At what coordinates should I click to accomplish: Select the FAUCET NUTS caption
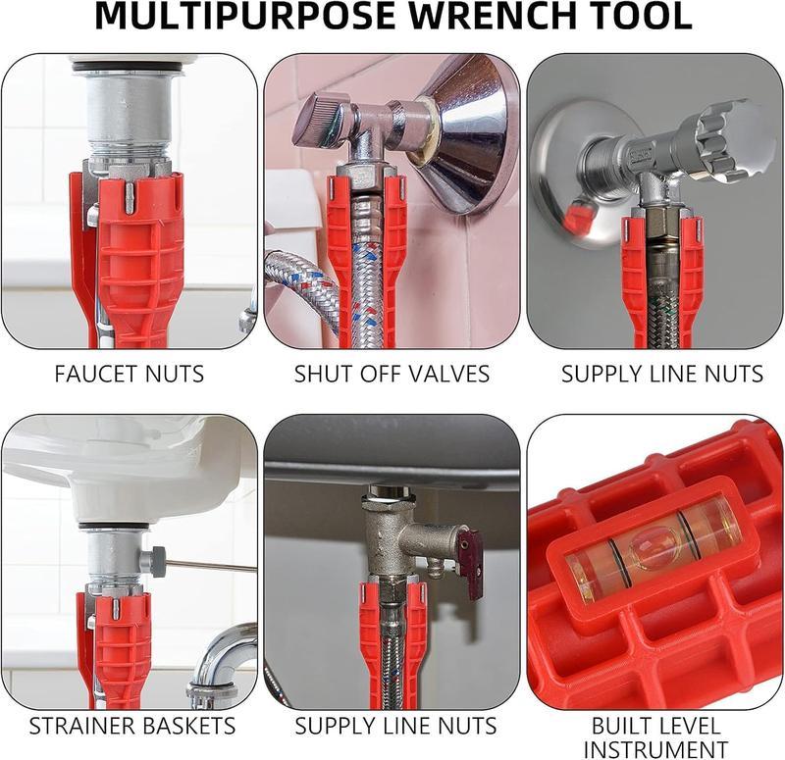click(x=130, y=374)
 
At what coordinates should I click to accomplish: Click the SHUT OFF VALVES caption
click(x=392, y=374)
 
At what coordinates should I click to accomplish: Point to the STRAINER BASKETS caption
click(x=131, y=727)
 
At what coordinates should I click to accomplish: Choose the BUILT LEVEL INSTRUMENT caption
click(x=655, y=738)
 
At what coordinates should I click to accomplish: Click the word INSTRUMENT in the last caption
click(x=655, y=750)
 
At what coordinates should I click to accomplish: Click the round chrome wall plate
click(x=570, y=177)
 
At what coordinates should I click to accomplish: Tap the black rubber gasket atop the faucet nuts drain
click(x=129, y=68)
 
